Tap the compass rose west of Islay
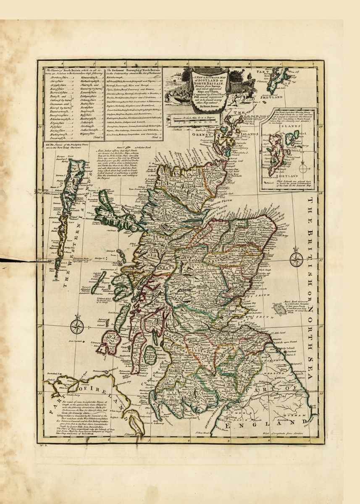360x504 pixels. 77,326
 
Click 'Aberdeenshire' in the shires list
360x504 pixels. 59,78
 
